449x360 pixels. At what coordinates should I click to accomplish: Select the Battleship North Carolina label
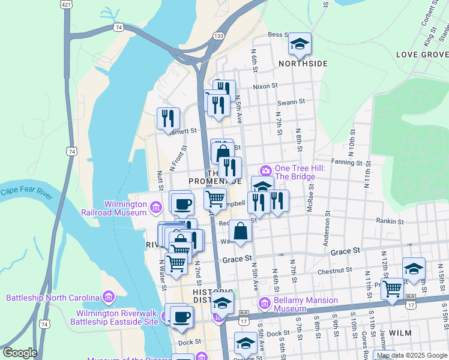point(53,298)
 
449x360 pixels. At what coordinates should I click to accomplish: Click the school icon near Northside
point(300,44)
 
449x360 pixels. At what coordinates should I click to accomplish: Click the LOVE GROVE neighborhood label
point(422,55)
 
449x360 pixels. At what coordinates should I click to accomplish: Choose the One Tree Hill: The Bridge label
point(300,172)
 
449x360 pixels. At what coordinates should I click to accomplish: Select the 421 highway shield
point(67,4)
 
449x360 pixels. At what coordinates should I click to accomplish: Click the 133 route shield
point(219,37)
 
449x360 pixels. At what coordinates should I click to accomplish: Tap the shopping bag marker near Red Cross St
point(240,231)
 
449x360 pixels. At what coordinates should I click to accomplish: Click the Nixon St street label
point(265,86)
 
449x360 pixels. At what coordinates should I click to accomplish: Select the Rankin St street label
point(385,221)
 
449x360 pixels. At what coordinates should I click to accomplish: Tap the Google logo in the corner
point(19,353)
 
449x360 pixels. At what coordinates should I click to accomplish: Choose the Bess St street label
point(278,35)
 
